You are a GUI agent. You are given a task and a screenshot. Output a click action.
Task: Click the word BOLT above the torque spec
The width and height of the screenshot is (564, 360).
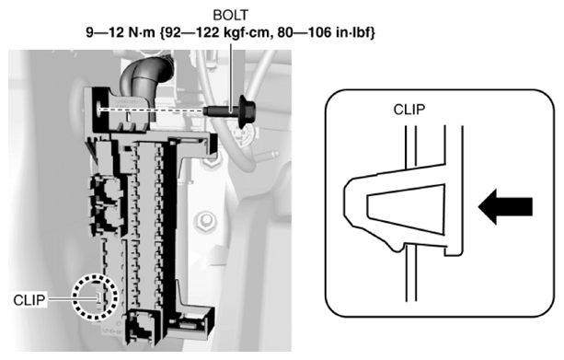pyautogui.click(x=231, y=16)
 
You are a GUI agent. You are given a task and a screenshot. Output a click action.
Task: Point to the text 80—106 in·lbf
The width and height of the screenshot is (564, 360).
pyautogui.click(x=325, y=33)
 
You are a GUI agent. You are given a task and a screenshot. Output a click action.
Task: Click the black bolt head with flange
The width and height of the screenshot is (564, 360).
pyautogui.click(x=247, y=110)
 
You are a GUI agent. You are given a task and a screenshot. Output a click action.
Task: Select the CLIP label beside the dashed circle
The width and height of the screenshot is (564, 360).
pyautogui.click(x=29, y=300)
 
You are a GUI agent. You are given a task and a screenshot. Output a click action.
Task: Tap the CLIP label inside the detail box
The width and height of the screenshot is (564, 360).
pyautogui.click(x=409, y=110)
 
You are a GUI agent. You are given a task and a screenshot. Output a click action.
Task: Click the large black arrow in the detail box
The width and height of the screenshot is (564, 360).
pyautogui.click(x=505, y=206)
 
